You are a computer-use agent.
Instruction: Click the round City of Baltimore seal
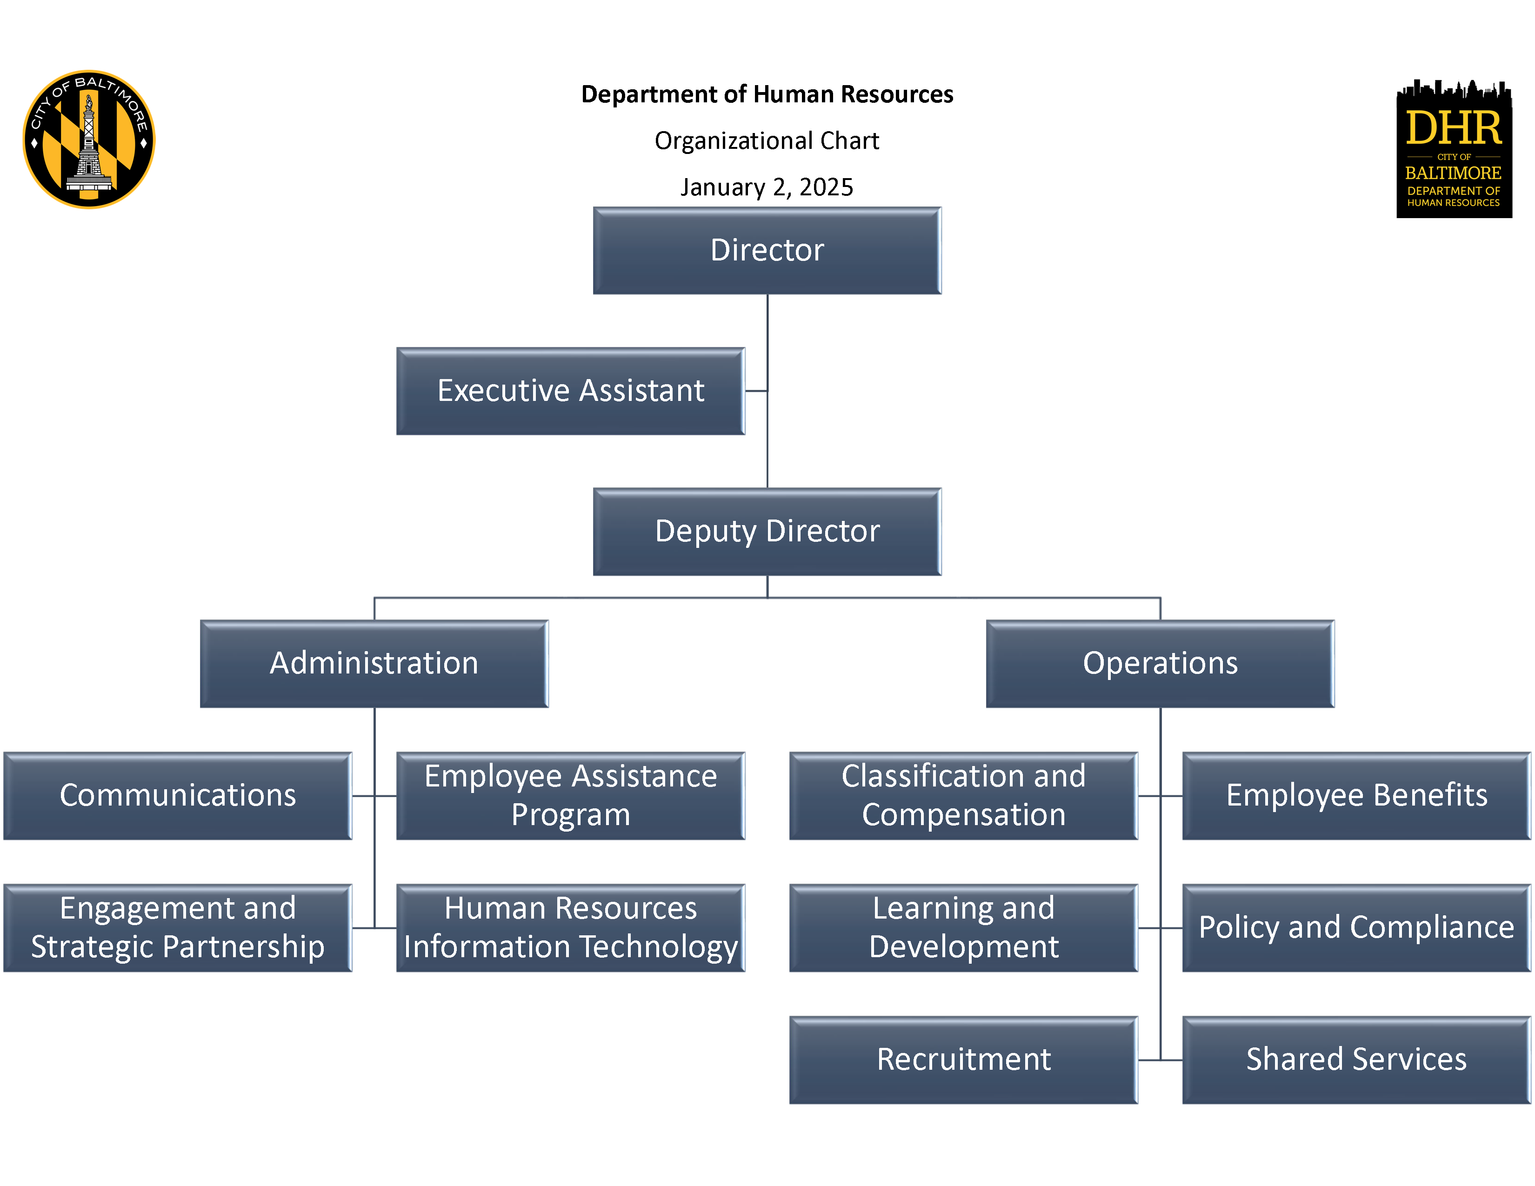(89, 139)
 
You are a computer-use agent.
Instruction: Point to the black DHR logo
(1454, 148)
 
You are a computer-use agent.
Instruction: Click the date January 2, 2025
(767, 187)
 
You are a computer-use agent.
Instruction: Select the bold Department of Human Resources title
(767, 94)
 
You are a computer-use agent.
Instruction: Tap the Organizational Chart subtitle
(767, 140)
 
